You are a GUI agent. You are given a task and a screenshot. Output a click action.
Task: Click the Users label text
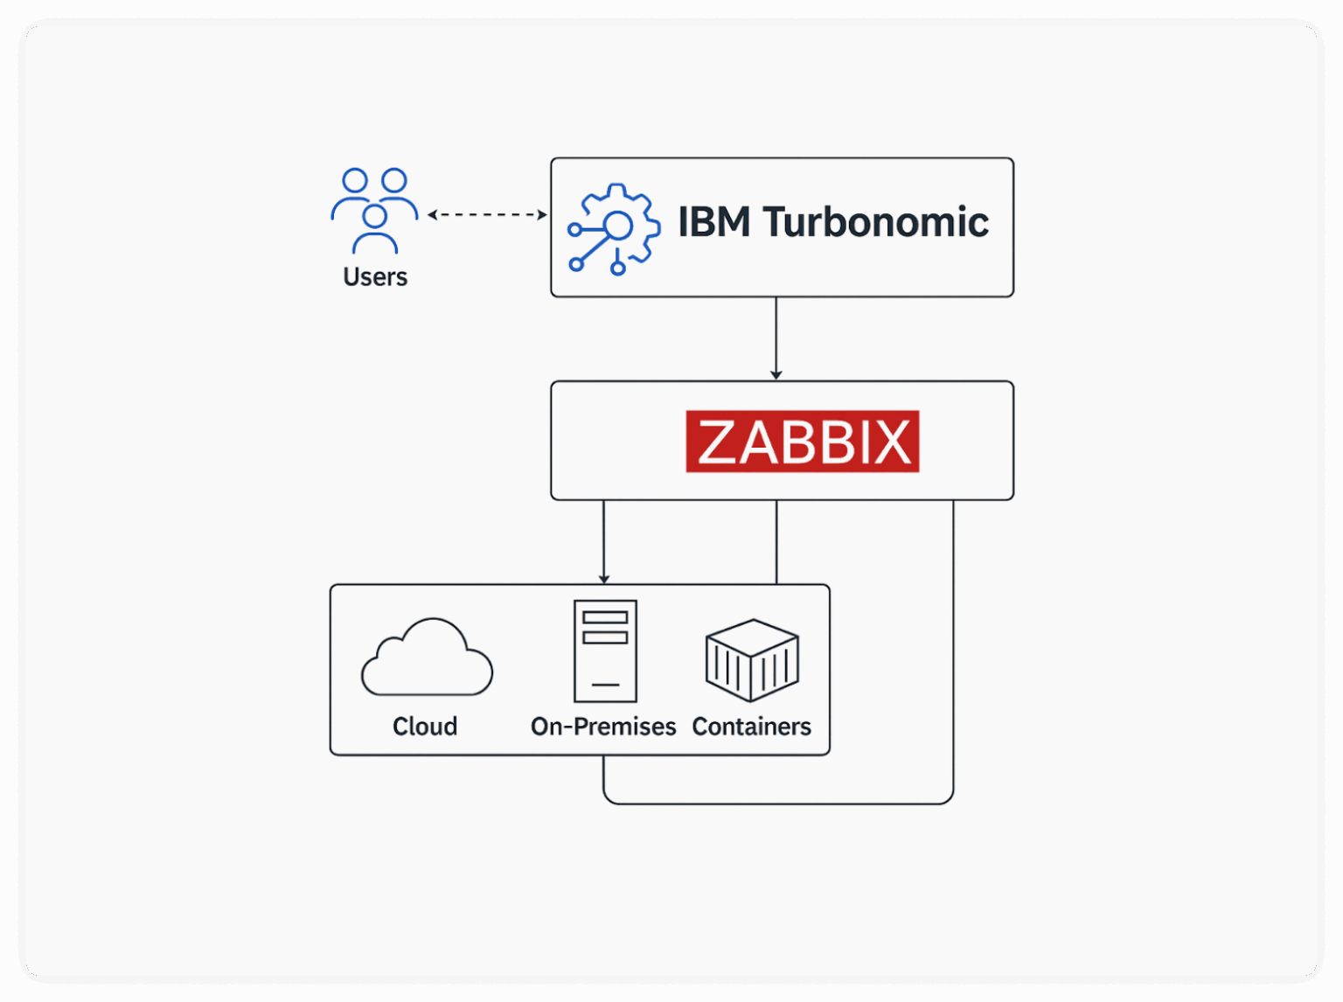[375, 277]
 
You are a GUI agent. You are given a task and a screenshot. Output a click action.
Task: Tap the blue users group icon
[374, 211]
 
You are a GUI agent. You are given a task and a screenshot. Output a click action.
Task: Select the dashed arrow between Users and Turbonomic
[487, 215]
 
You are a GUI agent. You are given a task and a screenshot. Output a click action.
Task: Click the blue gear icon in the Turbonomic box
[614, 229]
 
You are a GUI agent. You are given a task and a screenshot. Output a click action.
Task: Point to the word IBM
[714, 221]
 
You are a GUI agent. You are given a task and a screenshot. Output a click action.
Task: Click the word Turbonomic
[875, 221]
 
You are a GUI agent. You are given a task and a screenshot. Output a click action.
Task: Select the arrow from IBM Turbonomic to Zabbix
[776, 338]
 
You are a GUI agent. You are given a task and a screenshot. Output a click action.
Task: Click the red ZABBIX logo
[802, 441]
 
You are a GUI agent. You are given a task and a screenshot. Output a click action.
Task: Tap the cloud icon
[427, 657]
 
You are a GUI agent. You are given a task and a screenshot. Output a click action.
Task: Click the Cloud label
[425, 726]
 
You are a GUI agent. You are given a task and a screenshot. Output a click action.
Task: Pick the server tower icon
[605, 651]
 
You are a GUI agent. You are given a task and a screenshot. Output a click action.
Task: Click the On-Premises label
[603, 726]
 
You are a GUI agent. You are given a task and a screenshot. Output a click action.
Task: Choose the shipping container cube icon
[752, 660]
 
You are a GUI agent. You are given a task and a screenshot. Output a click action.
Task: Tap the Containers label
[751, 726]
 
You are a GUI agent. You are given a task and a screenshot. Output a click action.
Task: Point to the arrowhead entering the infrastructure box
[604, 580]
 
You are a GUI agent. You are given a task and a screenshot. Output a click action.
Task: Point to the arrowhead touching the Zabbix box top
[776, 375]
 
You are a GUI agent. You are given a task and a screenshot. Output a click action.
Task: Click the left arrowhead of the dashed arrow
[432, 215]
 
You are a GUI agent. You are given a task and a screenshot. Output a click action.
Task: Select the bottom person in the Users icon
[374, 229]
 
